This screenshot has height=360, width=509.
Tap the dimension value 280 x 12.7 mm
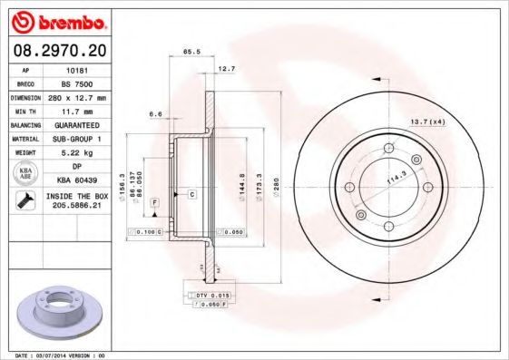pyautogui.click(x=76, y=96)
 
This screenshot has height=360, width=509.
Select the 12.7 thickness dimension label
pyautogui.click(x=226, y=68)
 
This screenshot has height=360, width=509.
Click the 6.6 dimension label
pyautogui.click(x=154, y=114)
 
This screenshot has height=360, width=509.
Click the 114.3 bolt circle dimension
pyautogui.click(x=397, y=176)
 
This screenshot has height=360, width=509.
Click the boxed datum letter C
pyautogui.click(x=192, y=194)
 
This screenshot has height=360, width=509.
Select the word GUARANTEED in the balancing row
pyautogui.click(x=76, y=124)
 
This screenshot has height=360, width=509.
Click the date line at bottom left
pyautogui.click(x=55, y=355)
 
